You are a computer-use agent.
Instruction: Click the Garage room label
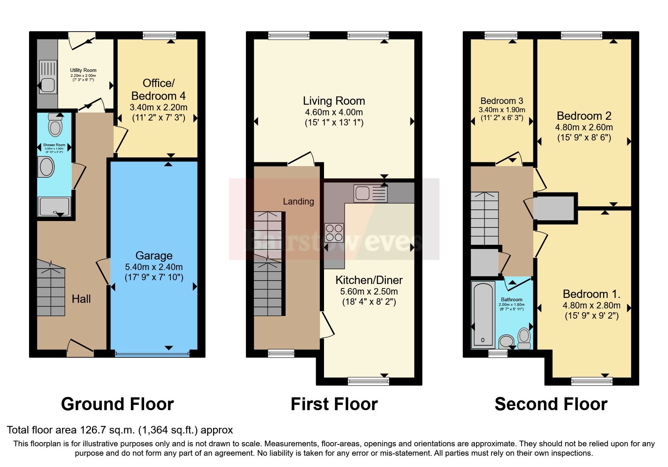(x=154, y=256)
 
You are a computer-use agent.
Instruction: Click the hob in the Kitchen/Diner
(x=334, y=232)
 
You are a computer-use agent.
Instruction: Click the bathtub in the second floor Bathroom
(x=483, y=314)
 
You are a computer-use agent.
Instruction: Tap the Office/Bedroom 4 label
(x=158, y=89)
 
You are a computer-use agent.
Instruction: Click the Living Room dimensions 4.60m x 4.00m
(x=334, y=112)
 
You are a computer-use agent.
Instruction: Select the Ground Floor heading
(x=117, y=404)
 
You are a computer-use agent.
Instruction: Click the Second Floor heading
(x=551, y=404)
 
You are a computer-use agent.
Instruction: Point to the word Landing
(x=298, y=201)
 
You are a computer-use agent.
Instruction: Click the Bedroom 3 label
(x=502, y=101)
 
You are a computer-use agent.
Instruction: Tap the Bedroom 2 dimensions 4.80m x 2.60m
(x=584, y=127)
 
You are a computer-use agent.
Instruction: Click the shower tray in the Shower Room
(x=54, y=206)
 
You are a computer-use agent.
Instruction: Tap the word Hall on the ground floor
(x=81, y=299)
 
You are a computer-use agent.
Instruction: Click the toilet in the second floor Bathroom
(x=524, y=338)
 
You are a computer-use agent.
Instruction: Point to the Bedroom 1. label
(x=591, y=294)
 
